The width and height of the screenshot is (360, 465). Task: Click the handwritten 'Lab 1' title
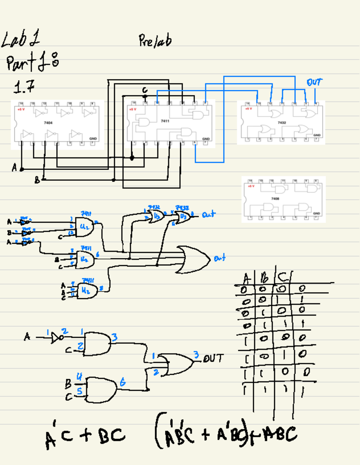(20, 39)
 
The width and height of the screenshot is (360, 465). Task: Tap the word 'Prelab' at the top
(155, 41)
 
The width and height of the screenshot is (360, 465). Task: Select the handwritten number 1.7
(24, 87)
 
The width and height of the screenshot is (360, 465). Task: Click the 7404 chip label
(48, 123)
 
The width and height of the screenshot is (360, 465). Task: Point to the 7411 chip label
(165, 121)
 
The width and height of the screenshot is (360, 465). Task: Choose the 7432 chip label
(282, 122)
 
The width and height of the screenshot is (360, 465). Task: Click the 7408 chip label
(275, 199)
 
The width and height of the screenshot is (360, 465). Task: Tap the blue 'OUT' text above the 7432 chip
(314, 82)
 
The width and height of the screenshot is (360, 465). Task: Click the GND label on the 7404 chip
(93, 139)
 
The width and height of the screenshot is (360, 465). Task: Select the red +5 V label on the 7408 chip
(251, 186)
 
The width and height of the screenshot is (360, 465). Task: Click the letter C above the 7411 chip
(145, 90)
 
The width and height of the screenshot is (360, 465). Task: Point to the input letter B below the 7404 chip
(37, 180)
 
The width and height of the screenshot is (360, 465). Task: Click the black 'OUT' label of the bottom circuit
(213, 358)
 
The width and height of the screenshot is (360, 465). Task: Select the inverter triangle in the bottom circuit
(56, 338)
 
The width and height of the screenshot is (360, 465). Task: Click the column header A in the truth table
(246, 279)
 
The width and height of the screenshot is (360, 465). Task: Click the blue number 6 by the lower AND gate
(123, 382)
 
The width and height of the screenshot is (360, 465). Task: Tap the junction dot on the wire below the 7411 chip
(132, 158)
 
